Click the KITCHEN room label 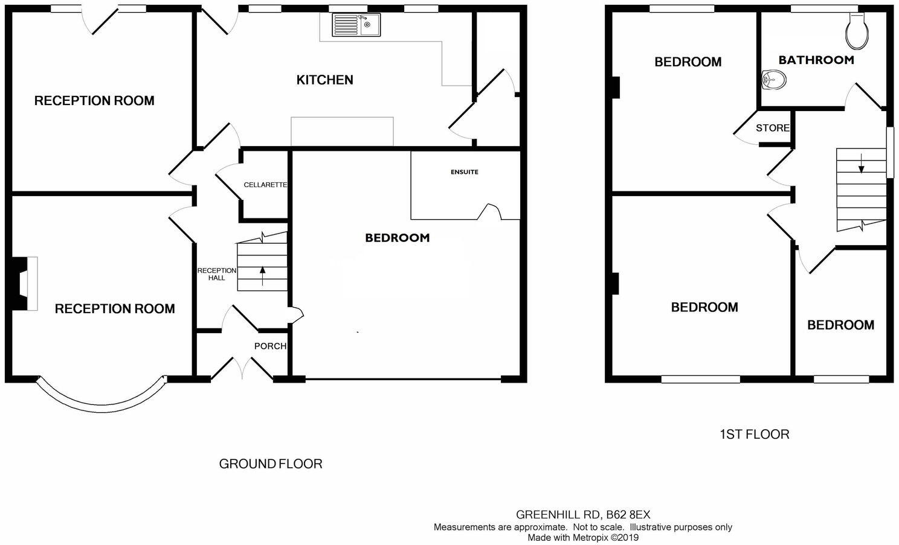(324, 80)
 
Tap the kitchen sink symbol (356, 25)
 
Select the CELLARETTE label (265, 185)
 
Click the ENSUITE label (464, 172)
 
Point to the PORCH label (270, 346)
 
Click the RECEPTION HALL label (217, 274)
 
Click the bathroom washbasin (774, 79)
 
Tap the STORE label (773, 128)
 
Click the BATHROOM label (816, 60)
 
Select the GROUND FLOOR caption (270, 464)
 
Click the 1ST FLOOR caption (754, 434)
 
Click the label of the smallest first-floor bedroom (840, 325)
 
